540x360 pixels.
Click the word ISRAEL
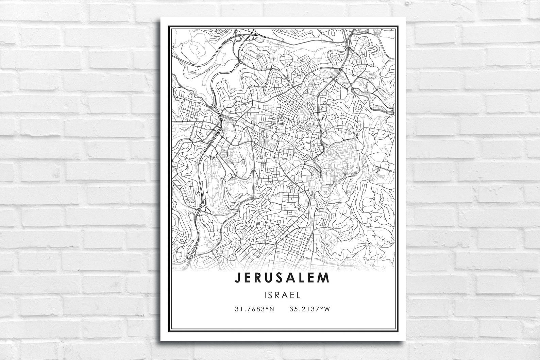pos(282,295)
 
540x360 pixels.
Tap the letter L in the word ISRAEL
pos(299,295)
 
